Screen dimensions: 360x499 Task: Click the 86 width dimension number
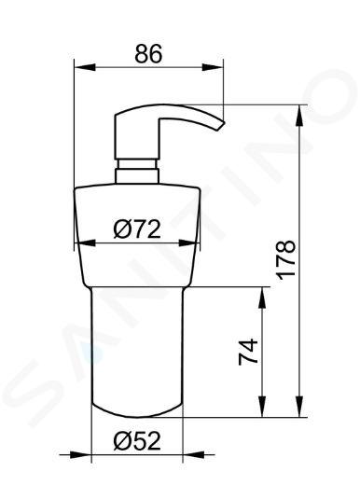point(148,53)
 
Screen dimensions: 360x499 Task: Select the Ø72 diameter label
point(137,229)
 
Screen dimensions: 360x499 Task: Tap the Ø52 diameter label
point(137,441)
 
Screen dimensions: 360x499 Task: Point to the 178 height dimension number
point(285,260)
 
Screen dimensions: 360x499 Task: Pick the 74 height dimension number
point(248,352)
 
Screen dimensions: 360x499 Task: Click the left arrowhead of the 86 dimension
point(85,67)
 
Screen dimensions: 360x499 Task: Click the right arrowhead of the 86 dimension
point(213,67)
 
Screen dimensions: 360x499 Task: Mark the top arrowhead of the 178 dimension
point(299,116)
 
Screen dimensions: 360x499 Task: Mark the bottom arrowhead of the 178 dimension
point(299,406)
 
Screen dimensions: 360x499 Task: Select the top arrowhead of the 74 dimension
point(262,298)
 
